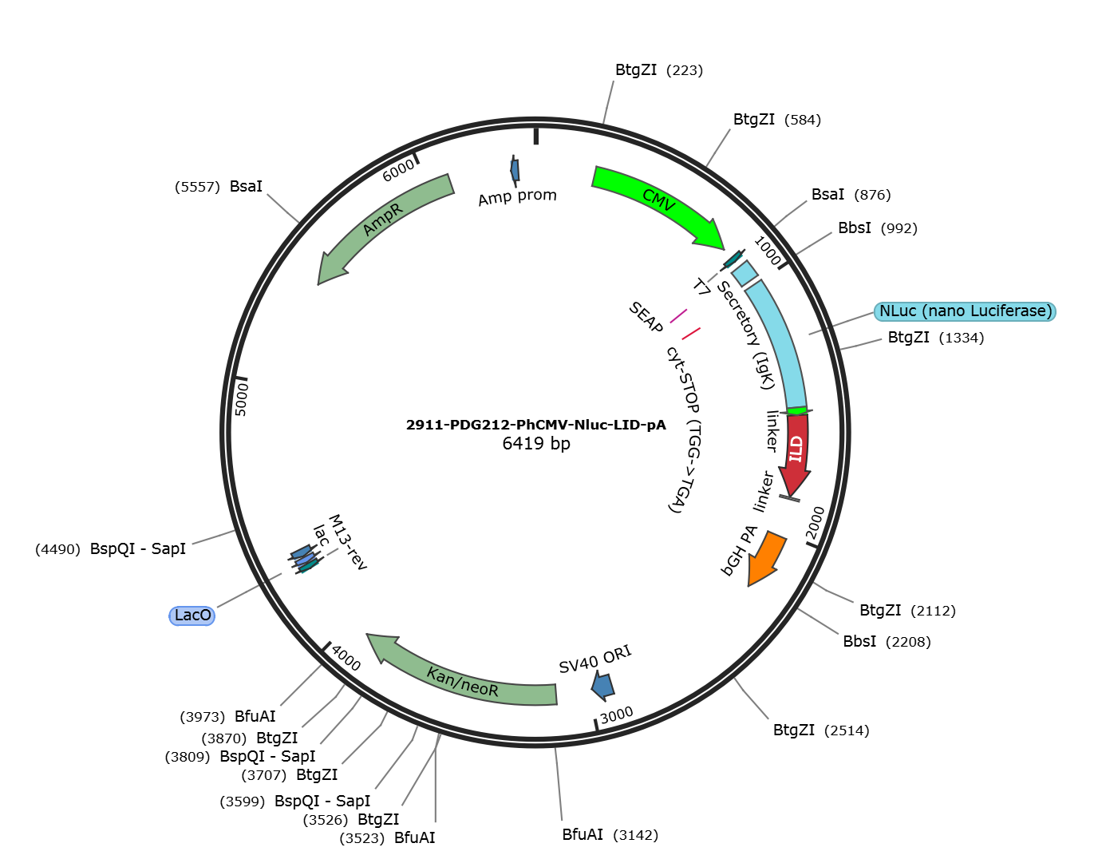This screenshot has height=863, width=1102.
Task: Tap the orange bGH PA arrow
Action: (766, 558)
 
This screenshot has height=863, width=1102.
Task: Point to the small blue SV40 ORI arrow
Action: (603, 686)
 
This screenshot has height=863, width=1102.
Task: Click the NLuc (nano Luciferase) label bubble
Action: (965, 311)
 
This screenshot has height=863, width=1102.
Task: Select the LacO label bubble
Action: (192, 616)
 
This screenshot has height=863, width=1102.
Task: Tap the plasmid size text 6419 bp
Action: (536, 443)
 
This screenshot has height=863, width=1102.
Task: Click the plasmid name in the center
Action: (536, 425)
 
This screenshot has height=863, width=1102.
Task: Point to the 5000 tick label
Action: (242, 399)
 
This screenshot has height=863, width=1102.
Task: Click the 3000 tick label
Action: (616, 715)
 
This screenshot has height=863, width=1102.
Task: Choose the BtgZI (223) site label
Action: (659, 70)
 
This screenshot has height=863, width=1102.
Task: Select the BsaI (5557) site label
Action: (219, 186)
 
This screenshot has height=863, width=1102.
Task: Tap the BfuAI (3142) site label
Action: (610, 834)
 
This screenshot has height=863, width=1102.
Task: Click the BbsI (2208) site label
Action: (887, 641)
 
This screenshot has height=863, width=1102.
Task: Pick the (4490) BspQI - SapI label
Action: (110, 549)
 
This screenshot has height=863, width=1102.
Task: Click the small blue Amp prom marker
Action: (515, 171)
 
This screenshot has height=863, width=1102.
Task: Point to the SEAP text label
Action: (646, 317)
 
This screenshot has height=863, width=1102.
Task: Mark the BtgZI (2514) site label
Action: (821, 730)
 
